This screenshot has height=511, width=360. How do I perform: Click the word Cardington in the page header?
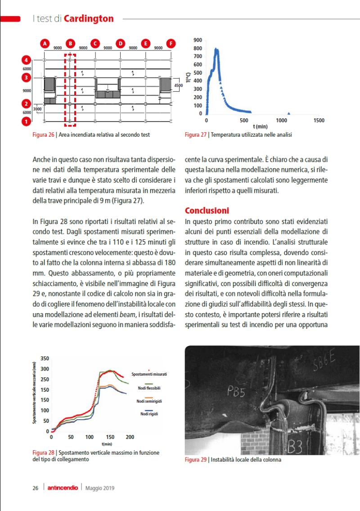(x=89, y=18)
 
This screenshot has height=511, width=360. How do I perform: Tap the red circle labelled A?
(x=45, y=43)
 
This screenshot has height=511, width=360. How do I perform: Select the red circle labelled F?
(x=171, y=43)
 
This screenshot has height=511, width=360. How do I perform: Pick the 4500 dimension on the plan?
(x=179, y=85)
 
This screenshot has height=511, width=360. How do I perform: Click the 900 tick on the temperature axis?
(x=198, y=40)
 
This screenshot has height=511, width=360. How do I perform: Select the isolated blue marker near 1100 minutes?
(x=289, y=113)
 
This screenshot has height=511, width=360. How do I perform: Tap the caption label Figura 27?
(x=195, y=134)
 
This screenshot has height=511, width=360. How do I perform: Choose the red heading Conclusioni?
(x=207, y=211)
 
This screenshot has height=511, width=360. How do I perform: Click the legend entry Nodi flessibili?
(x=147, y=388)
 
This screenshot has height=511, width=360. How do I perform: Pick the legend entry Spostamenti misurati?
(x=149, y=374)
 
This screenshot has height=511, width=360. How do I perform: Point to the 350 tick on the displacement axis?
(x=45, y=358)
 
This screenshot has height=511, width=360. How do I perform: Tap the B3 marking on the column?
(x=295, y=447)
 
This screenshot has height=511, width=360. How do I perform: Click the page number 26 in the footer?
(x=35, y=488)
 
